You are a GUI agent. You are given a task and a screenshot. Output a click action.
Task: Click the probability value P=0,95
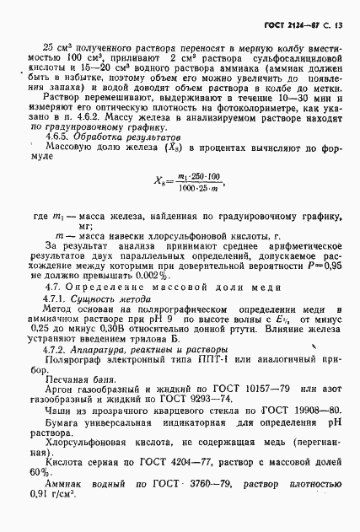point(324,264)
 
